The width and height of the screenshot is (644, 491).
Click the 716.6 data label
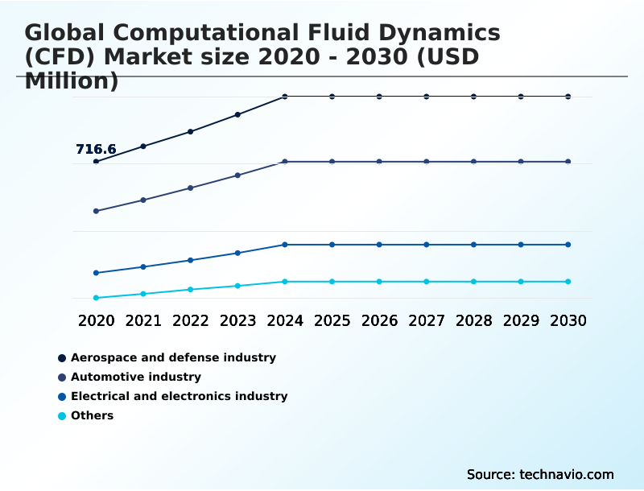pyautogui.click(x=96, y=150)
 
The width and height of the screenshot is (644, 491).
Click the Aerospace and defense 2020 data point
pyautogui.click(x=96, y=162)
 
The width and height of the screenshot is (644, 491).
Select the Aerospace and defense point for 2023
pyautogui.click(x=237, y=114)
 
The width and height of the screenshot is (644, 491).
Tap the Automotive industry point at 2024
pyautogui.click(x=285, y=162)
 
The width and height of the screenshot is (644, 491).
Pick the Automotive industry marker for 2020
pyautogui.click(x=96, y=211)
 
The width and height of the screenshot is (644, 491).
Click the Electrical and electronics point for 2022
pyautogui.click(x=191, y=260)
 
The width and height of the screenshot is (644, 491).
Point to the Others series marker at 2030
pyautogui.click(x=568, y=282)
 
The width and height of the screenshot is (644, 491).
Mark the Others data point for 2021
pyautogui.click(x=143, y=294)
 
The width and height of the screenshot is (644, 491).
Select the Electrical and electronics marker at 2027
pyautogui.click(x=427, y=245)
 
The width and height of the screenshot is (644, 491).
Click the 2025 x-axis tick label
pyautogui.click(x=332, y=320)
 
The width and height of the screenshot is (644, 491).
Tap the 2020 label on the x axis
pyautogui.click(x=96, y=320)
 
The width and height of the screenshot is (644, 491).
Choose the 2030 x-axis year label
pyautogui.click(x=568, y=320)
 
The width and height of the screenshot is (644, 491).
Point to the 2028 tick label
pyautogui.click(x=473, y=320)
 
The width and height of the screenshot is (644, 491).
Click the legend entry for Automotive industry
pyautogui.click(x=135, y=377)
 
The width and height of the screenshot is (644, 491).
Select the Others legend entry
pyautogui.click(x=92, y=415)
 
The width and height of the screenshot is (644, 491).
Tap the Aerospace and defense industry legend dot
pyautogui.click(x=61, y=357)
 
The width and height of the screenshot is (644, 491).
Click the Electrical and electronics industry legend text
pyautogui.click(x=179, y=396)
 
